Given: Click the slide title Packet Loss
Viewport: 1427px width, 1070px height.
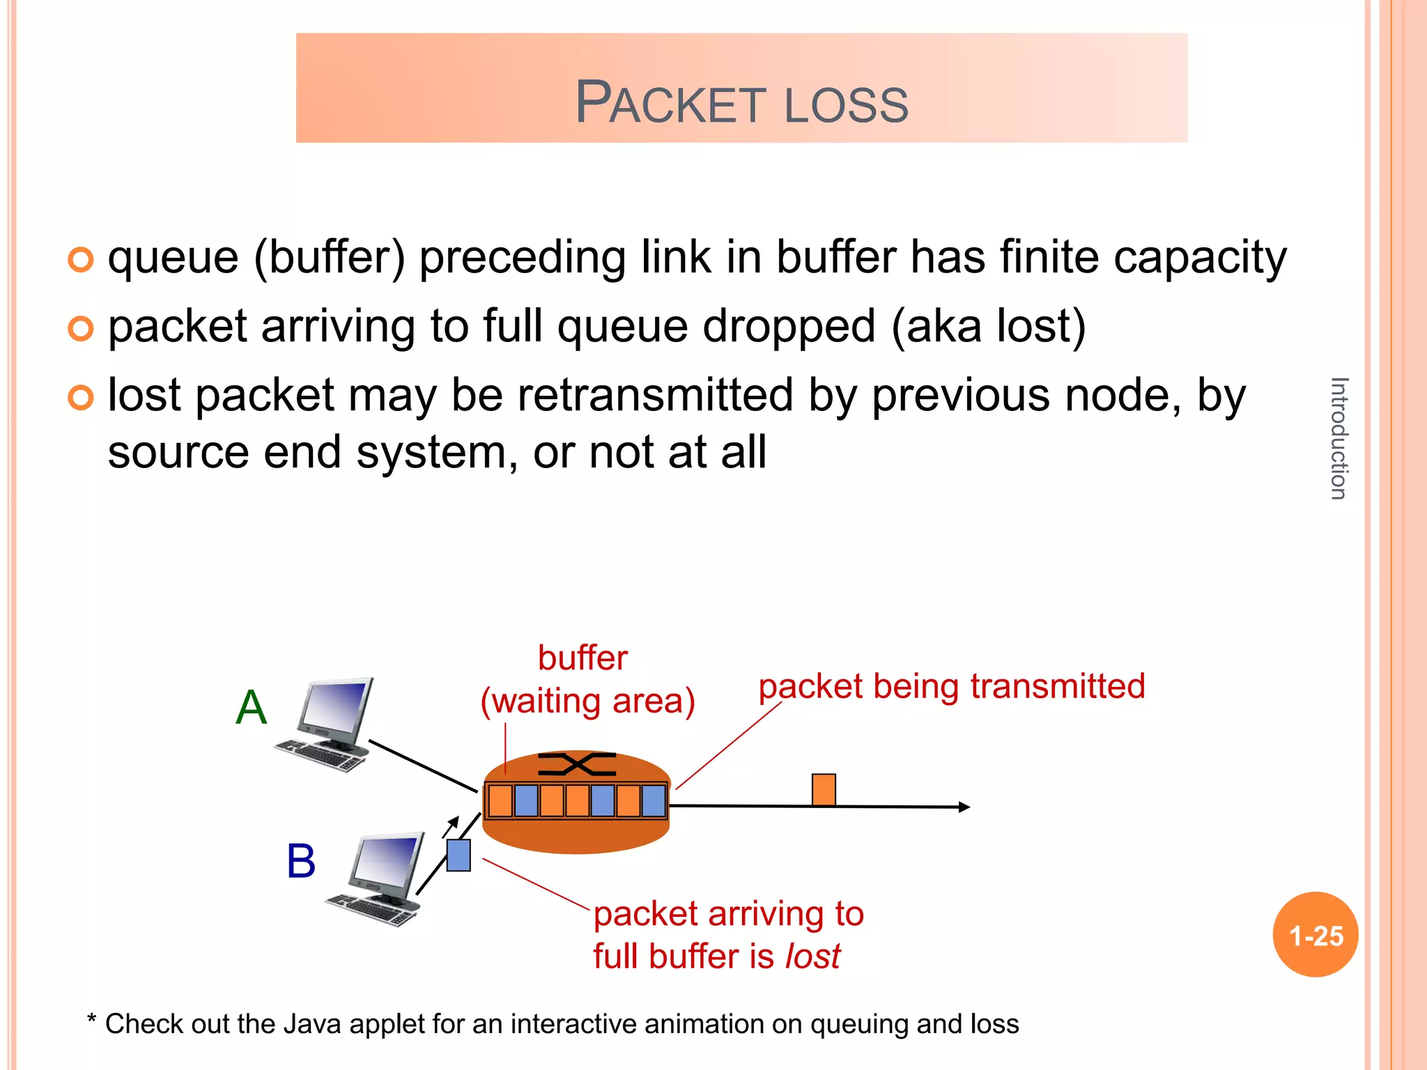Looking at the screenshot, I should tap(741, 103).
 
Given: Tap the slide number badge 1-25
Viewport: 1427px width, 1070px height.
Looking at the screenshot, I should tap(1315, 936).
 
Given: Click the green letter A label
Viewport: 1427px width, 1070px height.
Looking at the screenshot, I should tap(251, 707).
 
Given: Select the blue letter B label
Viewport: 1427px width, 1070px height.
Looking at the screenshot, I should tap(301, 861).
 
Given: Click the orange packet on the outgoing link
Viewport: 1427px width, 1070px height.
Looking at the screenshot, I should tap(824, 790).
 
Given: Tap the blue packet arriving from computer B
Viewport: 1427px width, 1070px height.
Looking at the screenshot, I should tap(458, 855).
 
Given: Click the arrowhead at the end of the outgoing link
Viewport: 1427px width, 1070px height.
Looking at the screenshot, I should tap(964, 807).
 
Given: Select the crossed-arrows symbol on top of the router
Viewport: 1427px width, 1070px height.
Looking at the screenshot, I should tap(577, 764).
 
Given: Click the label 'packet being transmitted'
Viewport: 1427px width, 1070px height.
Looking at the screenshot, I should tap(951, 686).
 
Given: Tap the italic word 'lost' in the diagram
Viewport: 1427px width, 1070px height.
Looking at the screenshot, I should tap(812, 956).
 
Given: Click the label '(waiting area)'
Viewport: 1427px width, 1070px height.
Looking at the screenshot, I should tap(587, 701).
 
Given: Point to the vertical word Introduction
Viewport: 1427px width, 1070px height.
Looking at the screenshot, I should tap(1339, 438).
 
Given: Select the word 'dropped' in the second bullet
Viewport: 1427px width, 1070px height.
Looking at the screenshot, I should tap(789, 326).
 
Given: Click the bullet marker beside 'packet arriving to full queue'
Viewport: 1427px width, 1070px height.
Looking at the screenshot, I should tap(81, 328).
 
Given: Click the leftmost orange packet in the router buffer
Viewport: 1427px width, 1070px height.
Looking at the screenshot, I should tap(500, 801).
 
